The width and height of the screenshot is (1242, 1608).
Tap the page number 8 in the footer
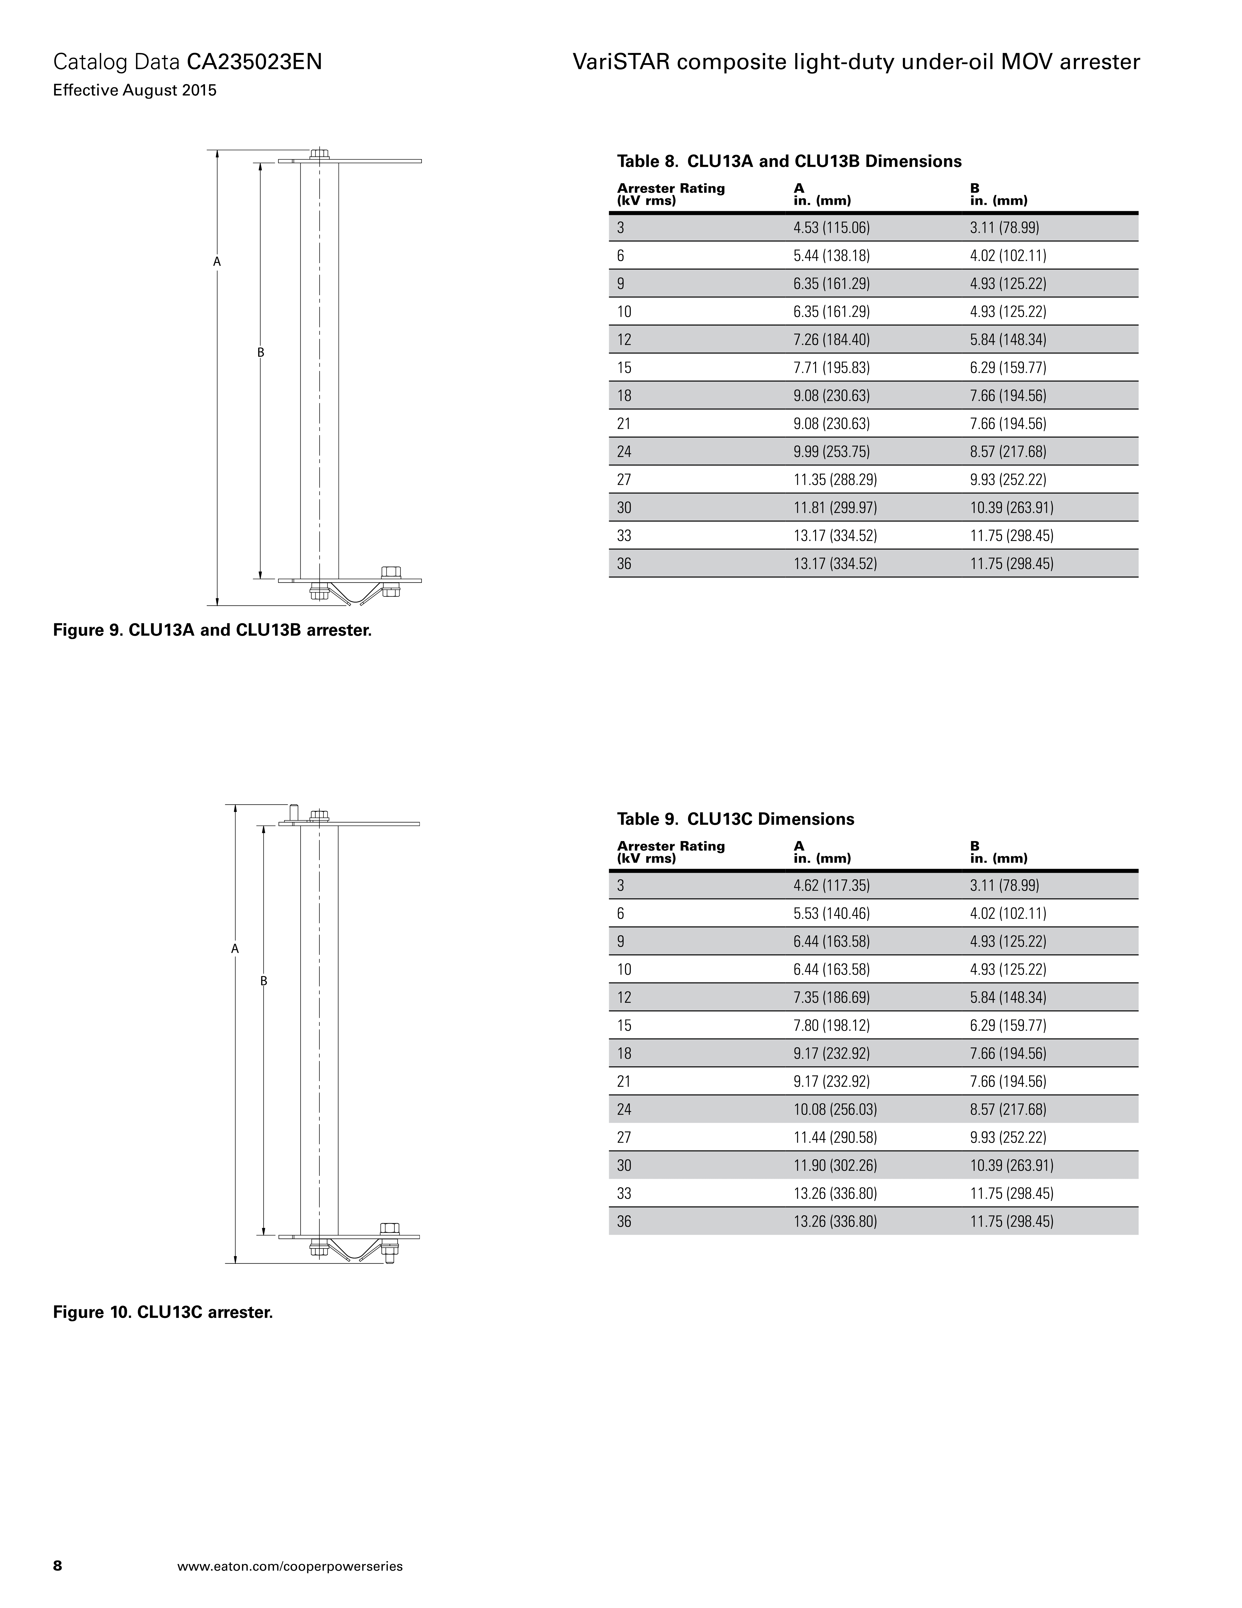coord(57,1565)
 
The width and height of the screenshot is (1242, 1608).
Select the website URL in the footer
coord(290,1566)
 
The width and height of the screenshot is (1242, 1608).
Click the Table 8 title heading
coord(789,161)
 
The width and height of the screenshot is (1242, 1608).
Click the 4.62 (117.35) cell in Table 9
coord(832,886)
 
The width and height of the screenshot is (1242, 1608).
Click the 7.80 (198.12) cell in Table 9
coord(832,1026)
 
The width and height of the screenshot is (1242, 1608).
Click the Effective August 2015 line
coord(135,91)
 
